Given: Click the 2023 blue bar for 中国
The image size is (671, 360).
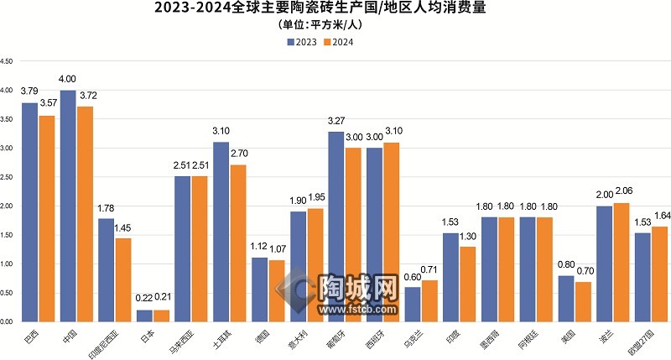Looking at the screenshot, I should pyautogui.click(x=68, y=206).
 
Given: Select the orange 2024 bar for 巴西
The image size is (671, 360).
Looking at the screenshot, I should pyautogui.click(x=47, y=218).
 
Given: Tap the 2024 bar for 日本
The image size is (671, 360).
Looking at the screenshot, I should pyautogui.click(x=162, y=316).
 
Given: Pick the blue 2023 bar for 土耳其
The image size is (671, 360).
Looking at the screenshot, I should pyautogui.click(x=221, y=232).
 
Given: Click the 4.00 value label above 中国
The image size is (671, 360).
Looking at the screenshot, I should pyautogui.click(x=68, y=80).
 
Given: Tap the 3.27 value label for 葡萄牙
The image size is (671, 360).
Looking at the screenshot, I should pyautogui.click(x=335, y=122).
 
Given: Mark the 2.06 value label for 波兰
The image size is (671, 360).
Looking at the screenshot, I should pyautogui.click(x=622, y=192).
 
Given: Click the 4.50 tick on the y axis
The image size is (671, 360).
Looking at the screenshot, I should pyautogui.click(x=8, y=61).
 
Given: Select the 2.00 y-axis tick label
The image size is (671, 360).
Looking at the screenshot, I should pyautogui.click(x=8, y=206).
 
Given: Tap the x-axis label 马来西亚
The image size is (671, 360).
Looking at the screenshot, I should pyautogui.click(x=181, y=340).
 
